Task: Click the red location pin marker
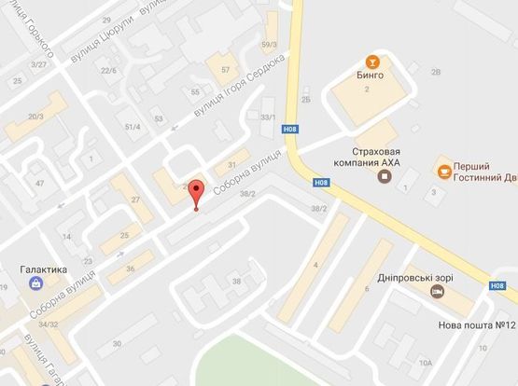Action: coord(195,193)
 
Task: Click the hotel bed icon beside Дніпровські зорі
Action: coord(436,291)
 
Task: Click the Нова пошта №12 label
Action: coord(476,325)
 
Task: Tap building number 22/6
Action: coord(108,70)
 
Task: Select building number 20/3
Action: coord(35,116)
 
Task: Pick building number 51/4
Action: coord(132,126)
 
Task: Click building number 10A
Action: coord(426,362)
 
